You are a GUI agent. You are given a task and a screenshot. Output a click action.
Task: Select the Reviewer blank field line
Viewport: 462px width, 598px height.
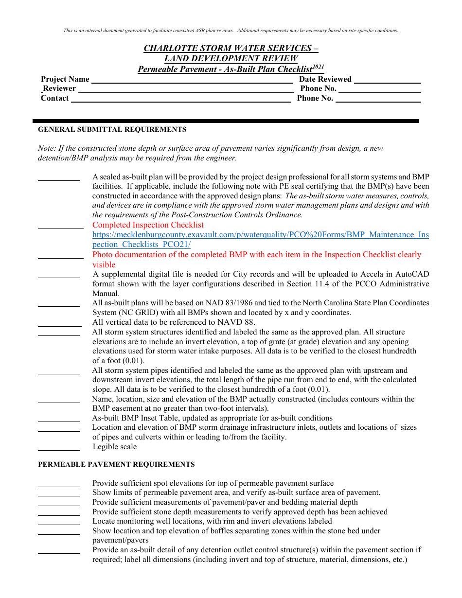point(186,92)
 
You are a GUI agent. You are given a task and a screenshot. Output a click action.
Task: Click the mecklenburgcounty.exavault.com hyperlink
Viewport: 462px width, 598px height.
point(261,240)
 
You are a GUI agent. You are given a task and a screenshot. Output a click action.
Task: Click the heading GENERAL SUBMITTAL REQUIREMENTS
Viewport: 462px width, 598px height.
point(112,130)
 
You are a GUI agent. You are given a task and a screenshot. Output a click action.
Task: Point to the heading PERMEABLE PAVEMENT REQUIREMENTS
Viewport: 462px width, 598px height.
point(116,465)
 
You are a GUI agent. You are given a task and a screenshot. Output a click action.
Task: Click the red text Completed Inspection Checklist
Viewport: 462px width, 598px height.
point(148,225)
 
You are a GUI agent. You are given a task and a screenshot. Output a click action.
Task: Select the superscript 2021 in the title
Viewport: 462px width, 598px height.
point(318,67)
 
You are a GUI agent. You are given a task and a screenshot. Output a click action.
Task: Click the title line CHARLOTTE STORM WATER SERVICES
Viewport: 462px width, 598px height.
point(231,48)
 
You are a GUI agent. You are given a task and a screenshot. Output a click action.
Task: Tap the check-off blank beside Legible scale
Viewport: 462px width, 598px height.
point(59,450)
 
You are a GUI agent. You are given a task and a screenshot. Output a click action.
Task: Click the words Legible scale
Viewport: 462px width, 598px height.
point(115,447)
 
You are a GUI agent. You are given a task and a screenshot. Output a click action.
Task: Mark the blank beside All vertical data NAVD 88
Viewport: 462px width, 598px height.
point(59,326)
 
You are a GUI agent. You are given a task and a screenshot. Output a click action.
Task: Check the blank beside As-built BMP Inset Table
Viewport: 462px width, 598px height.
point(59,421)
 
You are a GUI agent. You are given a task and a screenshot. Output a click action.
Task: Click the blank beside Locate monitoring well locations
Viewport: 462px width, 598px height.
point(59,524)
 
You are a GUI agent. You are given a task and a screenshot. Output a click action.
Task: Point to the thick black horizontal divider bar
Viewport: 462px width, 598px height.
point(226,121)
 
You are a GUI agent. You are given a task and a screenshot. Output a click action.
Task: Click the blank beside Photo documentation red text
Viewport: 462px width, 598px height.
point(60,258)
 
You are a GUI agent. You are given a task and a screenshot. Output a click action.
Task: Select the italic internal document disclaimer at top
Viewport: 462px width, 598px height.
point(231,31)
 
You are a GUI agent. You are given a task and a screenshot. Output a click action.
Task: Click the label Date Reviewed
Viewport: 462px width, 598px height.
point(325,79)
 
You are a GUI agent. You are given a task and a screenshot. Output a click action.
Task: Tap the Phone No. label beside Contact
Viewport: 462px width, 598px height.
point(315,98)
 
